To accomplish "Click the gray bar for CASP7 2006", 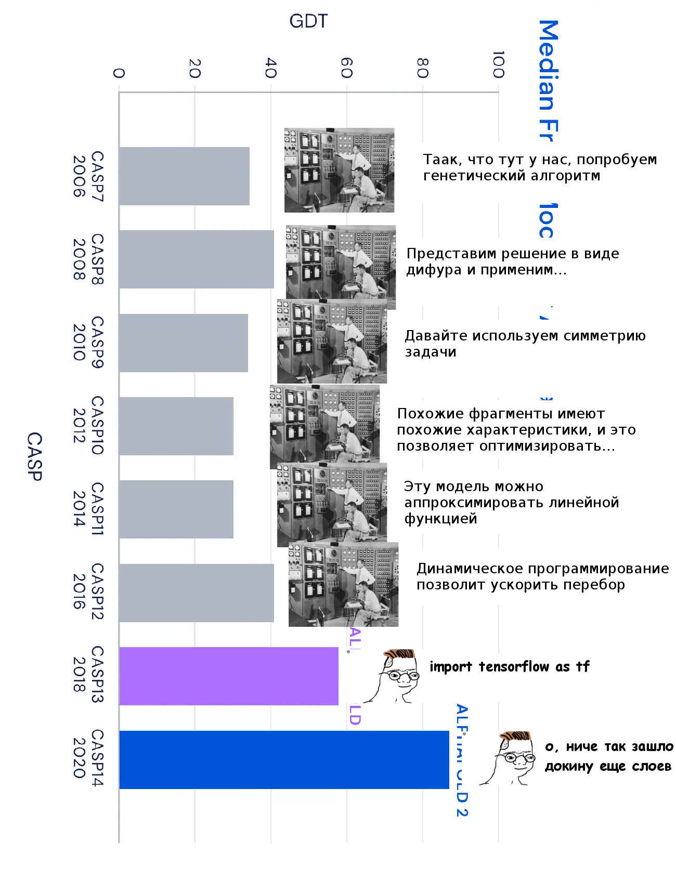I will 184,176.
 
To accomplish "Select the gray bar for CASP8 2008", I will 196,259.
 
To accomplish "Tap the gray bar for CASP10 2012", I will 176,426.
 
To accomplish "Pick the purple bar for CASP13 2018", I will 229,676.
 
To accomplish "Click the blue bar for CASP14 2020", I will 284,760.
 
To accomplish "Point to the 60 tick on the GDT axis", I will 346,68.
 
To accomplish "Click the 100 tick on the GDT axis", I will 498,64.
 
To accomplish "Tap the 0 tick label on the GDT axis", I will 119,73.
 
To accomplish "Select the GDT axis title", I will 308,21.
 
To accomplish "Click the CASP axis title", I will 34,456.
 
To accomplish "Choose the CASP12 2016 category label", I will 88,591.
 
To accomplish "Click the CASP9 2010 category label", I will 88,342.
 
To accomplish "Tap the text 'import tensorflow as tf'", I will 510,667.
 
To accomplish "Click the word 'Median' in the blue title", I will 548,65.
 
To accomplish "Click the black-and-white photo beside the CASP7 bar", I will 339,170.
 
